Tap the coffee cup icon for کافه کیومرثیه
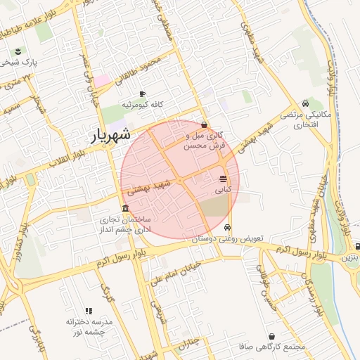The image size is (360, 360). click(142, 94)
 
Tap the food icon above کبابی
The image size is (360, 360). click(223, 179)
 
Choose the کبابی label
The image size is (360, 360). click(222, 189)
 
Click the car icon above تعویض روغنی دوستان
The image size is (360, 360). click(226, 228)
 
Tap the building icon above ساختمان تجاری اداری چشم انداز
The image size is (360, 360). click(125, 208)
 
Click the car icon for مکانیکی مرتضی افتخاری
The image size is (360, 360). click(304, 103)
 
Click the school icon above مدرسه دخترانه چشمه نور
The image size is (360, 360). click(89, 310)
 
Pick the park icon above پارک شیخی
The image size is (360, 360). click(18, 51)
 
